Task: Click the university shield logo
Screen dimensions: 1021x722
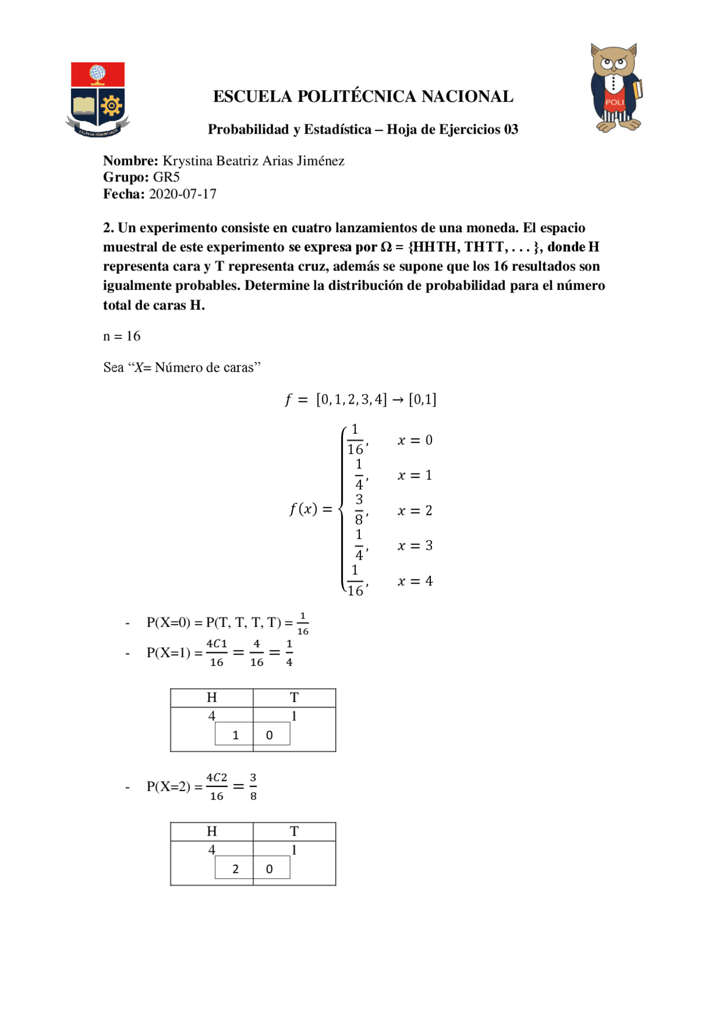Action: coord(98,99)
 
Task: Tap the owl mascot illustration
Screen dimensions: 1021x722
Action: coord(615,87)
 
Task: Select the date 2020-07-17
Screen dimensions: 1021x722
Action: coord(182,194)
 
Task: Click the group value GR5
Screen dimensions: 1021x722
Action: coord(166,177)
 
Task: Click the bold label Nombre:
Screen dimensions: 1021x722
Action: coord(130,161)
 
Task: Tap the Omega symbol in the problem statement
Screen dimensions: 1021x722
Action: coord(386,247)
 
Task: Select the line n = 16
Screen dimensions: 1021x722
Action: coord(121,336)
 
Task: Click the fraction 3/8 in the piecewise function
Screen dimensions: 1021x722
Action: coord(359,510)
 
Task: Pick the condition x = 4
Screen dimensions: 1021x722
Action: coord(415,581)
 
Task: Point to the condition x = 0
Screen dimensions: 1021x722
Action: coord(415,440)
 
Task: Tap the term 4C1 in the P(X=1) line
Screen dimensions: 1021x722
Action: coord(217,644)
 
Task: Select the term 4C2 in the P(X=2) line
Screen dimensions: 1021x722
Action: coord(217,777)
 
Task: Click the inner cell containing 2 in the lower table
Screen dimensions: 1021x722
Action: coord(235,868)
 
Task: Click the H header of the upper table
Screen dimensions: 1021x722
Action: coord(212,697)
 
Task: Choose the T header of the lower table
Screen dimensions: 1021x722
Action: coord(294,831)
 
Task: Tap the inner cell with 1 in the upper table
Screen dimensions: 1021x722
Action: coord(235,735)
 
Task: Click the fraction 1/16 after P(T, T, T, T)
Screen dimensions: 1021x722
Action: coord(303,624)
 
